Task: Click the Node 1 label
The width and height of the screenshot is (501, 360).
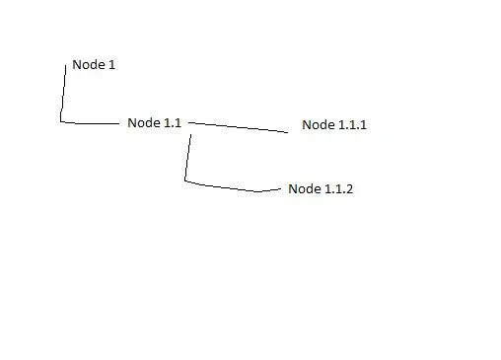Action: point(94,65)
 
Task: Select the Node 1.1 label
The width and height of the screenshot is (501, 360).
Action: point(154,123)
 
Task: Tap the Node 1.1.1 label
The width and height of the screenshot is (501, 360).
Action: point(334,125)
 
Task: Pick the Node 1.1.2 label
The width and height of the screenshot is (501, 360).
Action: point(320,189)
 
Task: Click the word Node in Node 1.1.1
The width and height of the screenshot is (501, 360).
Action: point(318,125)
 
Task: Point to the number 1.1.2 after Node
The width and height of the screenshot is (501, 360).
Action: point(337,189)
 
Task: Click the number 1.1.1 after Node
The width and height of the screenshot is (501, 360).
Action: point(351,125)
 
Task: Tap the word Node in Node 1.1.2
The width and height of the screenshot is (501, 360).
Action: point(303,189)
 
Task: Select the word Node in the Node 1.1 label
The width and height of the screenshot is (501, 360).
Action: point(143,123)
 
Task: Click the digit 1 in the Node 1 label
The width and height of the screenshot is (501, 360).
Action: point(111,65)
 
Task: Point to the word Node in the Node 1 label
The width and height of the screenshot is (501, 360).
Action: point(87,65)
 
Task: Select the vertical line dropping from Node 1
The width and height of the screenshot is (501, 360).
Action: point(64,94)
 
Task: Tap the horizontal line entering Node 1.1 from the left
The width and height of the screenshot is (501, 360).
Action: point(91,123)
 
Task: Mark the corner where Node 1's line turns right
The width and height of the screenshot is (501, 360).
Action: point(61,121)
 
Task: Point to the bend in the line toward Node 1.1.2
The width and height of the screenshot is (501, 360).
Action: point(185,180)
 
